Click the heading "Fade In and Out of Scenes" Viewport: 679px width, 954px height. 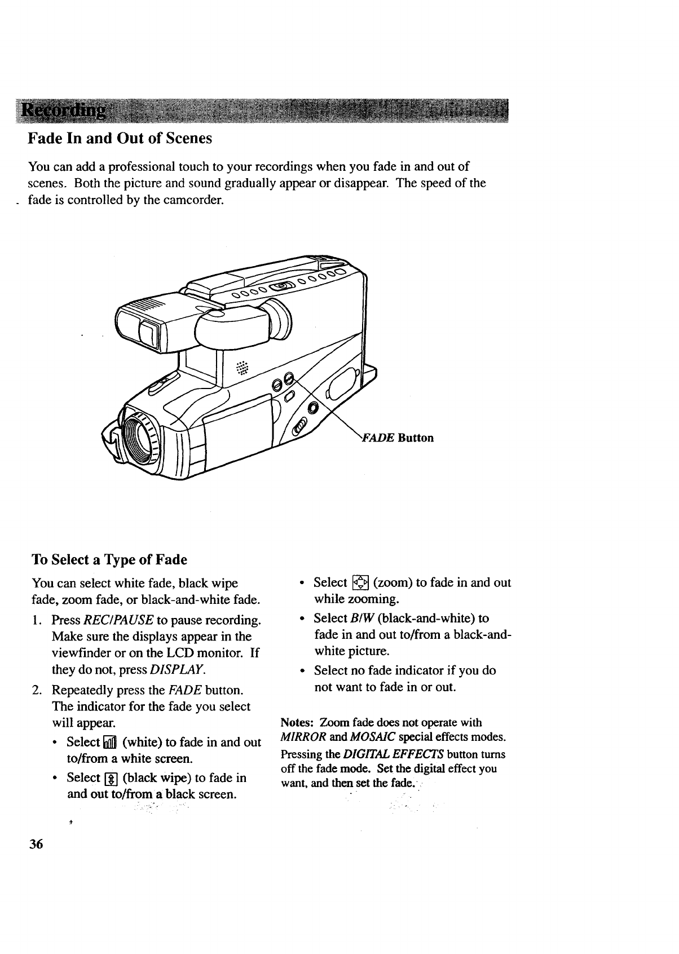point(120,139)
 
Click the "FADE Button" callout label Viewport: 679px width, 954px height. point(398,438)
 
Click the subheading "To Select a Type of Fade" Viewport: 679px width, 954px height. point(109,560)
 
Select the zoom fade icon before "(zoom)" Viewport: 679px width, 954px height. point(360,583)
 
